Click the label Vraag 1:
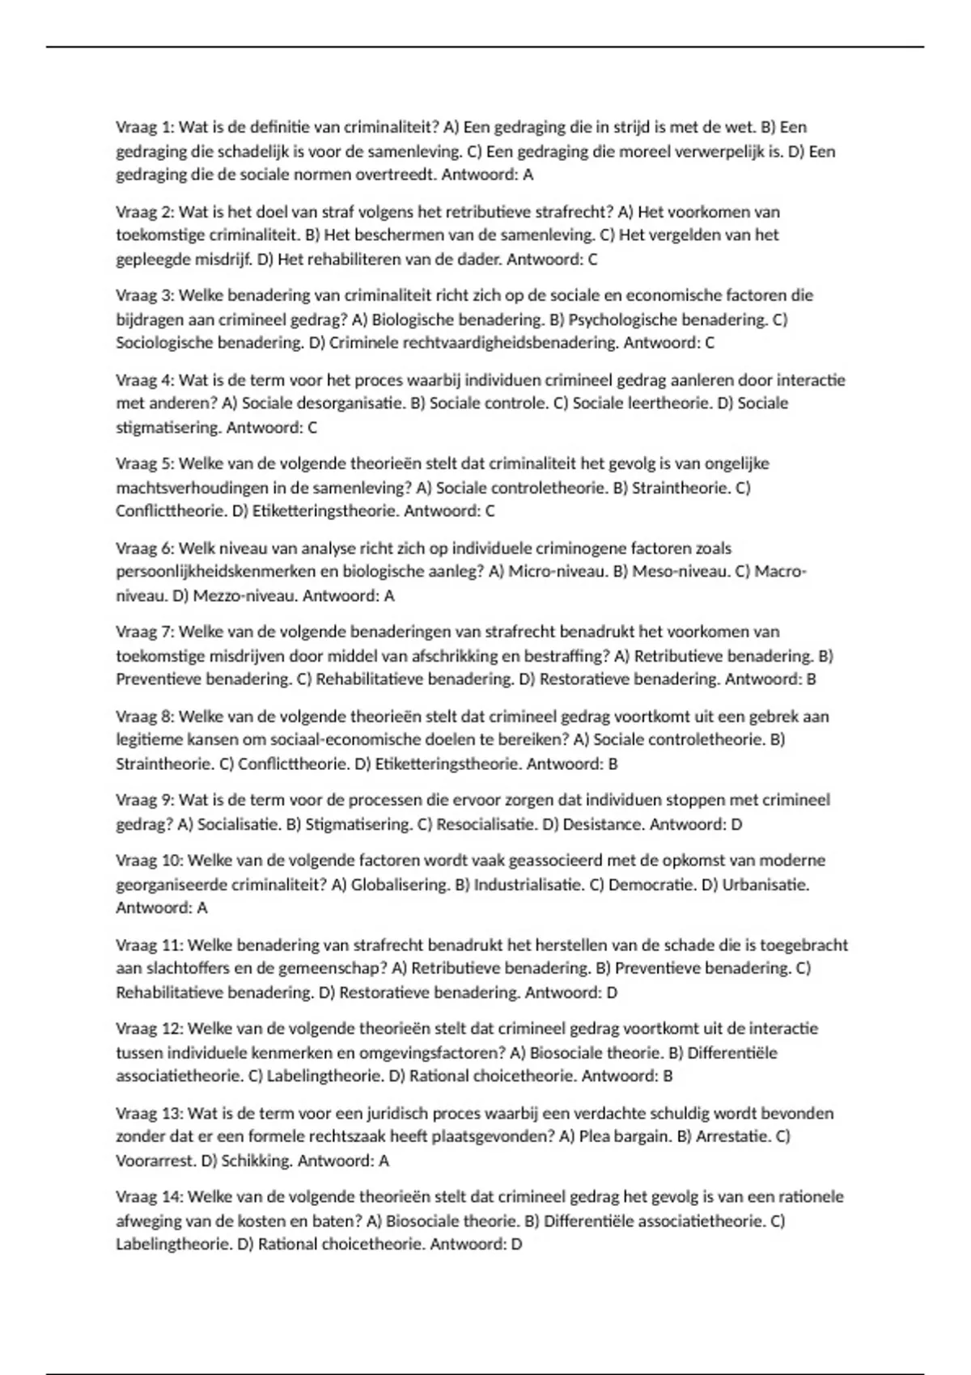pyautogui.click(x=144, y=127)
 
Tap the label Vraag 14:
pyautogui.click(x=149, y=1196)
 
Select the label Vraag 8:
pyautogui.click(x=144, y=716)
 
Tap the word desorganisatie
pyautogui.click(x=353, y=403)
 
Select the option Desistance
pyautogui.click(x=602, y=824)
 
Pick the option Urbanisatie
pyautogui.click(x=765, y=884)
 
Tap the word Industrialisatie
pyautogui.click(x=528, y=884)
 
